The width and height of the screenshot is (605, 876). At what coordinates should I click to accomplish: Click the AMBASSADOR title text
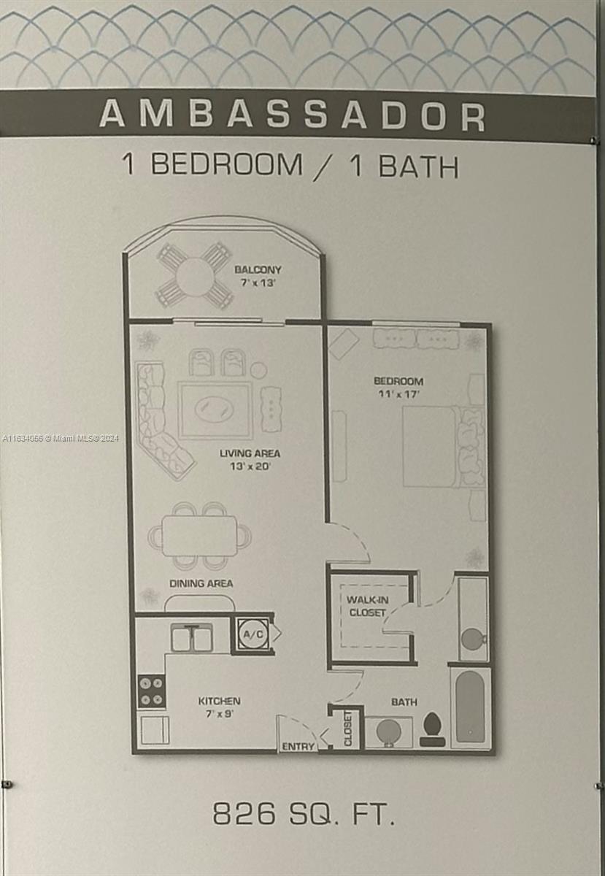tap(292, 115)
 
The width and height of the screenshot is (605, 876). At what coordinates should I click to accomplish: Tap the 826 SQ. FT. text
tap(303, 814)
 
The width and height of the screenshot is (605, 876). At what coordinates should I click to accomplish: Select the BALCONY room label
tap(258, 270)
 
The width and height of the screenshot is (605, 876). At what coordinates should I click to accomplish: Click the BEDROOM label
tap(398, 381)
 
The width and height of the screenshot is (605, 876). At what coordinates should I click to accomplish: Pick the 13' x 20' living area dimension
tap(250, 466)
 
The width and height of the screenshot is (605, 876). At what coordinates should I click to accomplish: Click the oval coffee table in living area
tap(214, 409)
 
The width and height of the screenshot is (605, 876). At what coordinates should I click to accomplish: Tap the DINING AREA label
tap(201, 583)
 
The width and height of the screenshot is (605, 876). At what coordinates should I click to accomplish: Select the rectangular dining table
tap(199, 536)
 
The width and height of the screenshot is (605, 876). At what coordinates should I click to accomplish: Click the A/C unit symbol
tap(253, 634)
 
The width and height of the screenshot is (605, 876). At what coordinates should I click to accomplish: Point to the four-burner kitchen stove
tap(152, 691)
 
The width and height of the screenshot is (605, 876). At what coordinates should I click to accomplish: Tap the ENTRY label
tap(298, 746)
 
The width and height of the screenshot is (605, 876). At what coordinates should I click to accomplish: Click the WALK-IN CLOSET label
tap(367, 606)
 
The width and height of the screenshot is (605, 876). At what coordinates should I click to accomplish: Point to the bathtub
tap(470, 707)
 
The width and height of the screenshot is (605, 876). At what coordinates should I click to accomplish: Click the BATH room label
tap(404, 702)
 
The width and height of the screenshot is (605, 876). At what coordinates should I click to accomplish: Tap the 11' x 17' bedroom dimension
tap(398, 393)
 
